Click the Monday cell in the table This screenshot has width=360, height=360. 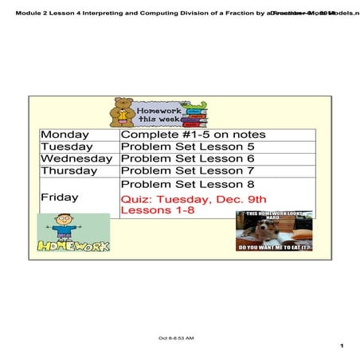pyautogui.click(x=65, y=135)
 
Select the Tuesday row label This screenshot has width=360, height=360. pyautogui.click(x=66, y=147)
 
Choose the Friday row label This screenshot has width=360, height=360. pyautogui.click(x=60, y=197)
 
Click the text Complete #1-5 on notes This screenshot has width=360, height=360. pyautogui.click(x=193, y=135)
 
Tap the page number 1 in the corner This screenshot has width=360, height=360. pyautogui.click(x=340, y=346)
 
